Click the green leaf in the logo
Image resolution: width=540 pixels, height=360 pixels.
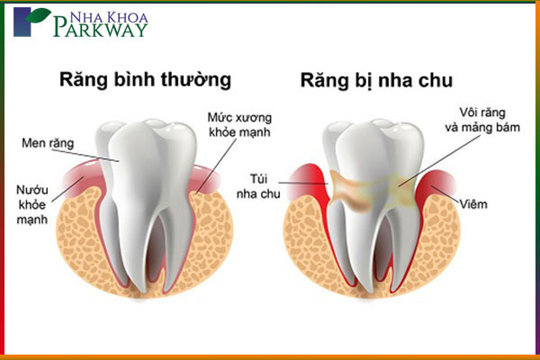pyautogui.click(x=39, y=14)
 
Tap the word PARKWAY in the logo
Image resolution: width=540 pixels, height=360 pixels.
pyautogui.click(x=101, y=29)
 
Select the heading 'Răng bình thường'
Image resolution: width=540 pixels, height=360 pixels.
pyautogui.click(x=145, y=80)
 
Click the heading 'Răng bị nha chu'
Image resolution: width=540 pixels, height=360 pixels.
pyautogui.click(x=376, y=81)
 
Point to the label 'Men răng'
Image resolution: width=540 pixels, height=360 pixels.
pyautogui.click(x=48, y=143)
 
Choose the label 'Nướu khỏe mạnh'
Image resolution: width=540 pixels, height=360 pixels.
pyautogui.click(x=32, y=204)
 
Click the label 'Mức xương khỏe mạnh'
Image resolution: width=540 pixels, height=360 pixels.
pyautogui.click(x=239, y=125)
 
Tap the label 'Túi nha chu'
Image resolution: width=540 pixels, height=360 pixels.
pyautogui.click(x=258, y=186)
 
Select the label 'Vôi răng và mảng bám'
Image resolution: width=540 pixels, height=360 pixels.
pyautogui.click(x=482, y=120)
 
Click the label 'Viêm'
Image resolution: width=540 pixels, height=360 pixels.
pyautogui.click(x=473, y=204)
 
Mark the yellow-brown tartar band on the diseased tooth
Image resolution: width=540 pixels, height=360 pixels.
pyautogui.click(x=372, y=189)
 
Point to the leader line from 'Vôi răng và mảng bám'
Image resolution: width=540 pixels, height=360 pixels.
pyautogui.click(x=439, y=160)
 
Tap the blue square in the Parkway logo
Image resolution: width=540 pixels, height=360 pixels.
pyautogui.click(x=22, y=22)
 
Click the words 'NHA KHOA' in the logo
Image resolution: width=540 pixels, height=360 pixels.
pyautogui.click(x=109, y=17)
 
